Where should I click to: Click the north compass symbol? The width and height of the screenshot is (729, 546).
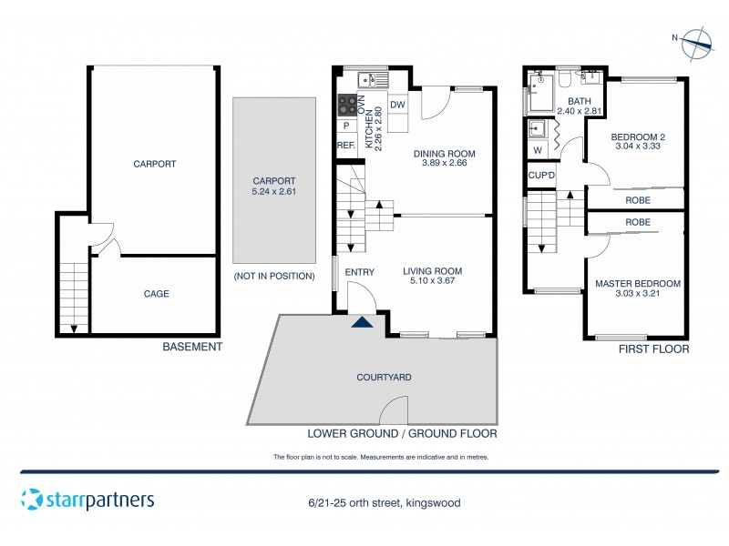(x=699, y=39)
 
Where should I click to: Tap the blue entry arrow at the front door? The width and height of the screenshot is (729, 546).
(x=363, y=321)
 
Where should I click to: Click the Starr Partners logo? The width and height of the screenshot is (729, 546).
(x=87, y=500)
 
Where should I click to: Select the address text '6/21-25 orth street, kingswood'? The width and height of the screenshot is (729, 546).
(x=383, y=502)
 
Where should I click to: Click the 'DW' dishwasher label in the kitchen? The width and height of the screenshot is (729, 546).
(x=397, y=106)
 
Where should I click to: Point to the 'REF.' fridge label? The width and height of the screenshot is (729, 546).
(x=346, y=146)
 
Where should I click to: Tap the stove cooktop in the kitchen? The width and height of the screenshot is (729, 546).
(x=347, y=105)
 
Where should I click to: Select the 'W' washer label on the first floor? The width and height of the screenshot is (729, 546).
(x=538, y=150)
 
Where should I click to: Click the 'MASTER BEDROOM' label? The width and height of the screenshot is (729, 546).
(x=637, y=284)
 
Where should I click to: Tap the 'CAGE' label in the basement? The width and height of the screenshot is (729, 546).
(x=156, y=294)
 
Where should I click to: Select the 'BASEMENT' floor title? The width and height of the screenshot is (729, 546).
(x=191, y=347)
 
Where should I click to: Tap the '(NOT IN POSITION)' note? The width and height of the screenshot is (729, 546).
(x=274, y=276)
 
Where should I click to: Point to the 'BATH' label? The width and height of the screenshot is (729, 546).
(x=580, y=102)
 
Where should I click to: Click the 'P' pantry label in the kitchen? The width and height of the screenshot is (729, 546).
(x=346, y=126)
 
